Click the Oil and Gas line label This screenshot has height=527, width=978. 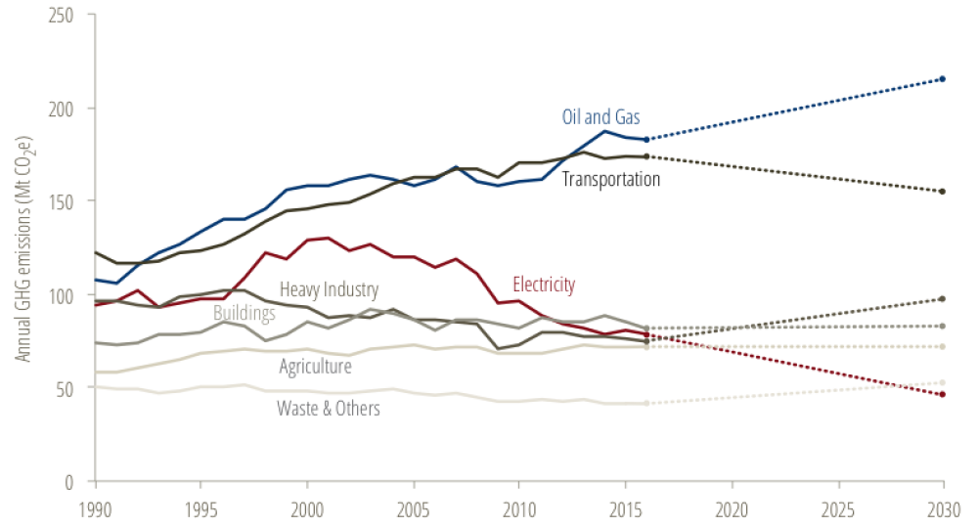[x=600, y=117]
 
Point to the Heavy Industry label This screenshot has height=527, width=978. [x=329, y=289]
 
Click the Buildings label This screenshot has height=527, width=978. [x=244, y=315]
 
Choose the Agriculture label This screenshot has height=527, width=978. [x=315, y=367]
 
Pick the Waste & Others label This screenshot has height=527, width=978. [x=329, y=408]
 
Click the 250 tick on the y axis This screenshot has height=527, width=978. [x=68, y=15]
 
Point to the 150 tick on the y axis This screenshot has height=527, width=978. [x=68, y=201]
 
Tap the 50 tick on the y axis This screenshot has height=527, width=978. [x=72, y=388]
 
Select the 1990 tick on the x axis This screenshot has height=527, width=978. [x=95, y=509]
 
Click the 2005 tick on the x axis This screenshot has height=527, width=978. [x=413, y=509]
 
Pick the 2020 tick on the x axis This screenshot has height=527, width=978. [x=731, y=509]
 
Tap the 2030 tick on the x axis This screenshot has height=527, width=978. [x=942, y=509]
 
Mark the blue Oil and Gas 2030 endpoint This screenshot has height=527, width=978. [x=942, y=78]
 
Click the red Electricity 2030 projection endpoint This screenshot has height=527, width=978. [x=942, y=394]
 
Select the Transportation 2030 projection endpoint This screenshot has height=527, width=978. [x=942, y=191]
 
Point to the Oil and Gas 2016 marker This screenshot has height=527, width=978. [x=646, y=139]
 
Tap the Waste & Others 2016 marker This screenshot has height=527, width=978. [x=646, y=403]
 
